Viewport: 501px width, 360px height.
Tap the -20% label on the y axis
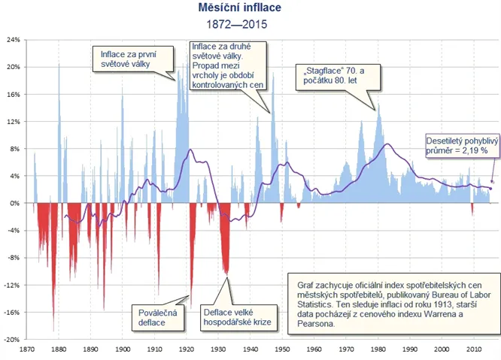coord(13,340)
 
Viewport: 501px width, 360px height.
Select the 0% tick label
coord(16,203)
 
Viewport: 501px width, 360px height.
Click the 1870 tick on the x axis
coord(28,349)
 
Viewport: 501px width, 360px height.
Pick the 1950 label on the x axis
coord(283,349)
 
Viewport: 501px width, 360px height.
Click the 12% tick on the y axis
coord(14,121)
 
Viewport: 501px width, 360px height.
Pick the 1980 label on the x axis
coord(378,349)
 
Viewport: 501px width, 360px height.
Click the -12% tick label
coord(13,285)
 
